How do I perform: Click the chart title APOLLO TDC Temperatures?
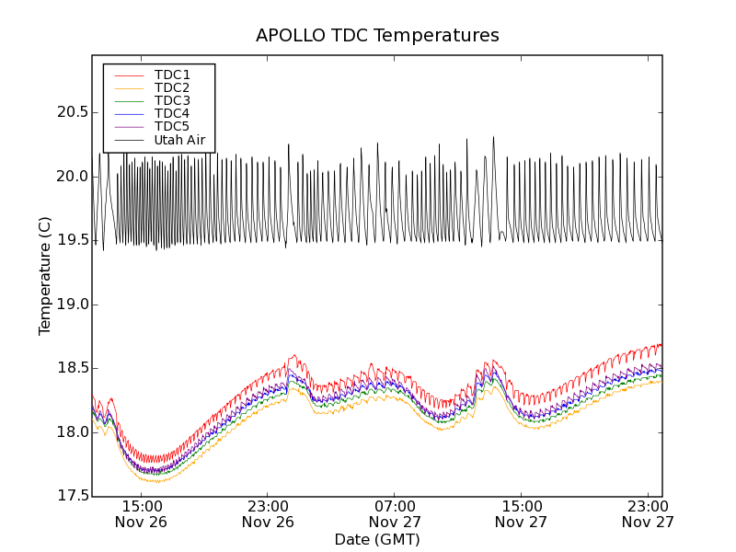coord(377,36)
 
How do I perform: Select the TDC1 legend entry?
coord(172,75)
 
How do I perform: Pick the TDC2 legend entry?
coord(172,87)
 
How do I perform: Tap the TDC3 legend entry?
coord(172,100)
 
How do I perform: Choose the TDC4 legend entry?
coord(172,113)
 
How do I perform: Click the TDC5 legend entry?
coord(172,126)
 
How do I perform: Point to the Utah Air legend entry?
coord(179,140)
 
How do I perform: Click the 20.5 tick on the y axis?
coord(67,112)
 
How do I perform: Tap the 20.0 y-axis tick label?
coord(67,177)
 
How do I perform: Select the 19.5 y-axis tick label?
coord(67,240)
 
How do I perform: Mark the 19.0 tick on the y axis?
coord(67,305)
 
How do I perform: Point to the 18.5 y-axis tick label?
coord(67,368)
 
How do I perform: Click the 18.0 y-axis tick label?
coord(67,432)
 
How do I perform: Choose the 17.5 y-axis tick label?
coord(67,496)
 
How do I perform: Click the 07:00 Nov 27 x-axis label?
coord(395,513)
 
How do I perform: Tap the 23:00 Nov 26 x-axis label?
coord(268,513)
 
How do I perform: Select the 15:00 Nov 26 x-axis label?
coord(141,513)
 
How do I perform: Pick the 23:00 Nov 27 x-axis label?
coord(648,513)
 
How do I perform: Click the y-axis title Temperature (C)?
coord(45,276)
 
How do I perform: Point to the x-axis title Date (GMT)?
coord(377,539)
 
